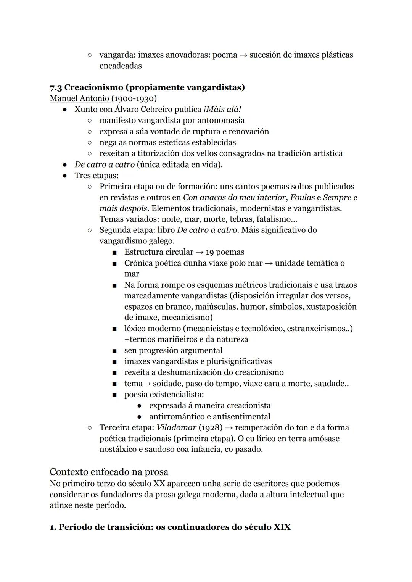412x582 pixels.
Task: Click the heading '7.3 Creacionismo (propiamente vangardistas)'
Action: (147, 87)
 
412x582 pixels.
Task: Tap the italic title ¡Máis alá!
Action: (222, 110)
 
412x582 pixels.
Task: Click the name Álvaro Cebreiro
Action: (142, 110)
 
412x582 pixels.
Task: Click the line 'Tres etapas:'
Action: (96, 176)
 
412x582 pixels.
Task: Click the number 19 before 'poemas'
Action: (210, 252)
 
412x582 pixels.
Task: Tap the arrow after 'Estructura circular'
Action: (200, 252)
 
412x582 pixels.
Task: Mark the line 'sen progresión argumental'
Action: (173, 350)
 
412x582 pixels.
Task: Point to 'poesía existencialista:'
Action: (164, 394)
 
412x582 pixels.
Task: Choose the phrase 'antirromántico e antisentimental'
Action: (209, 417)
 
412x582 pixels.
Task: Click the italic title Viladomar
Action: (176, 427)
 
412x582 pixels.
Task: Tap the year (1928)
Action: (210, 427)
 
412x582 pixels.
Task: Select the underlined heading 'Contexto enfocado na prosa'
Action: (109, 472)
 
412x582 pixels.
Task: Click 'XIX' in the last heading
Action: (282, 527)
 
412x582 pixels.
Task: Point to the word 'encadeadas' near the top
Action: (121, 66)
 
